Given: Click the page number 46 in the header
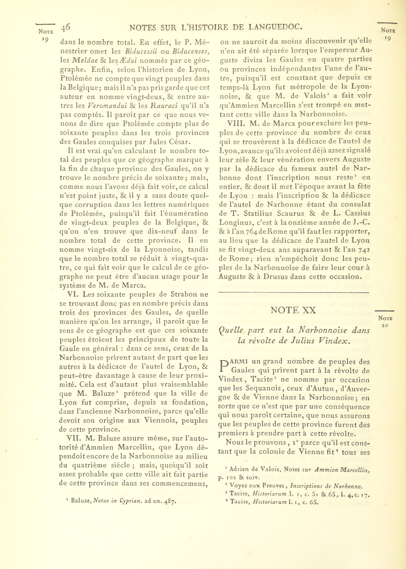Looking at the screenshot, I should pos(66,27).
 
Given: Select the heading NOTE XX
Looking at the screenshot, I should pos(293,310).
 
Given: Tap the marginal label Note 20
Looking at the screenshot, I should pos(385,322).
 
